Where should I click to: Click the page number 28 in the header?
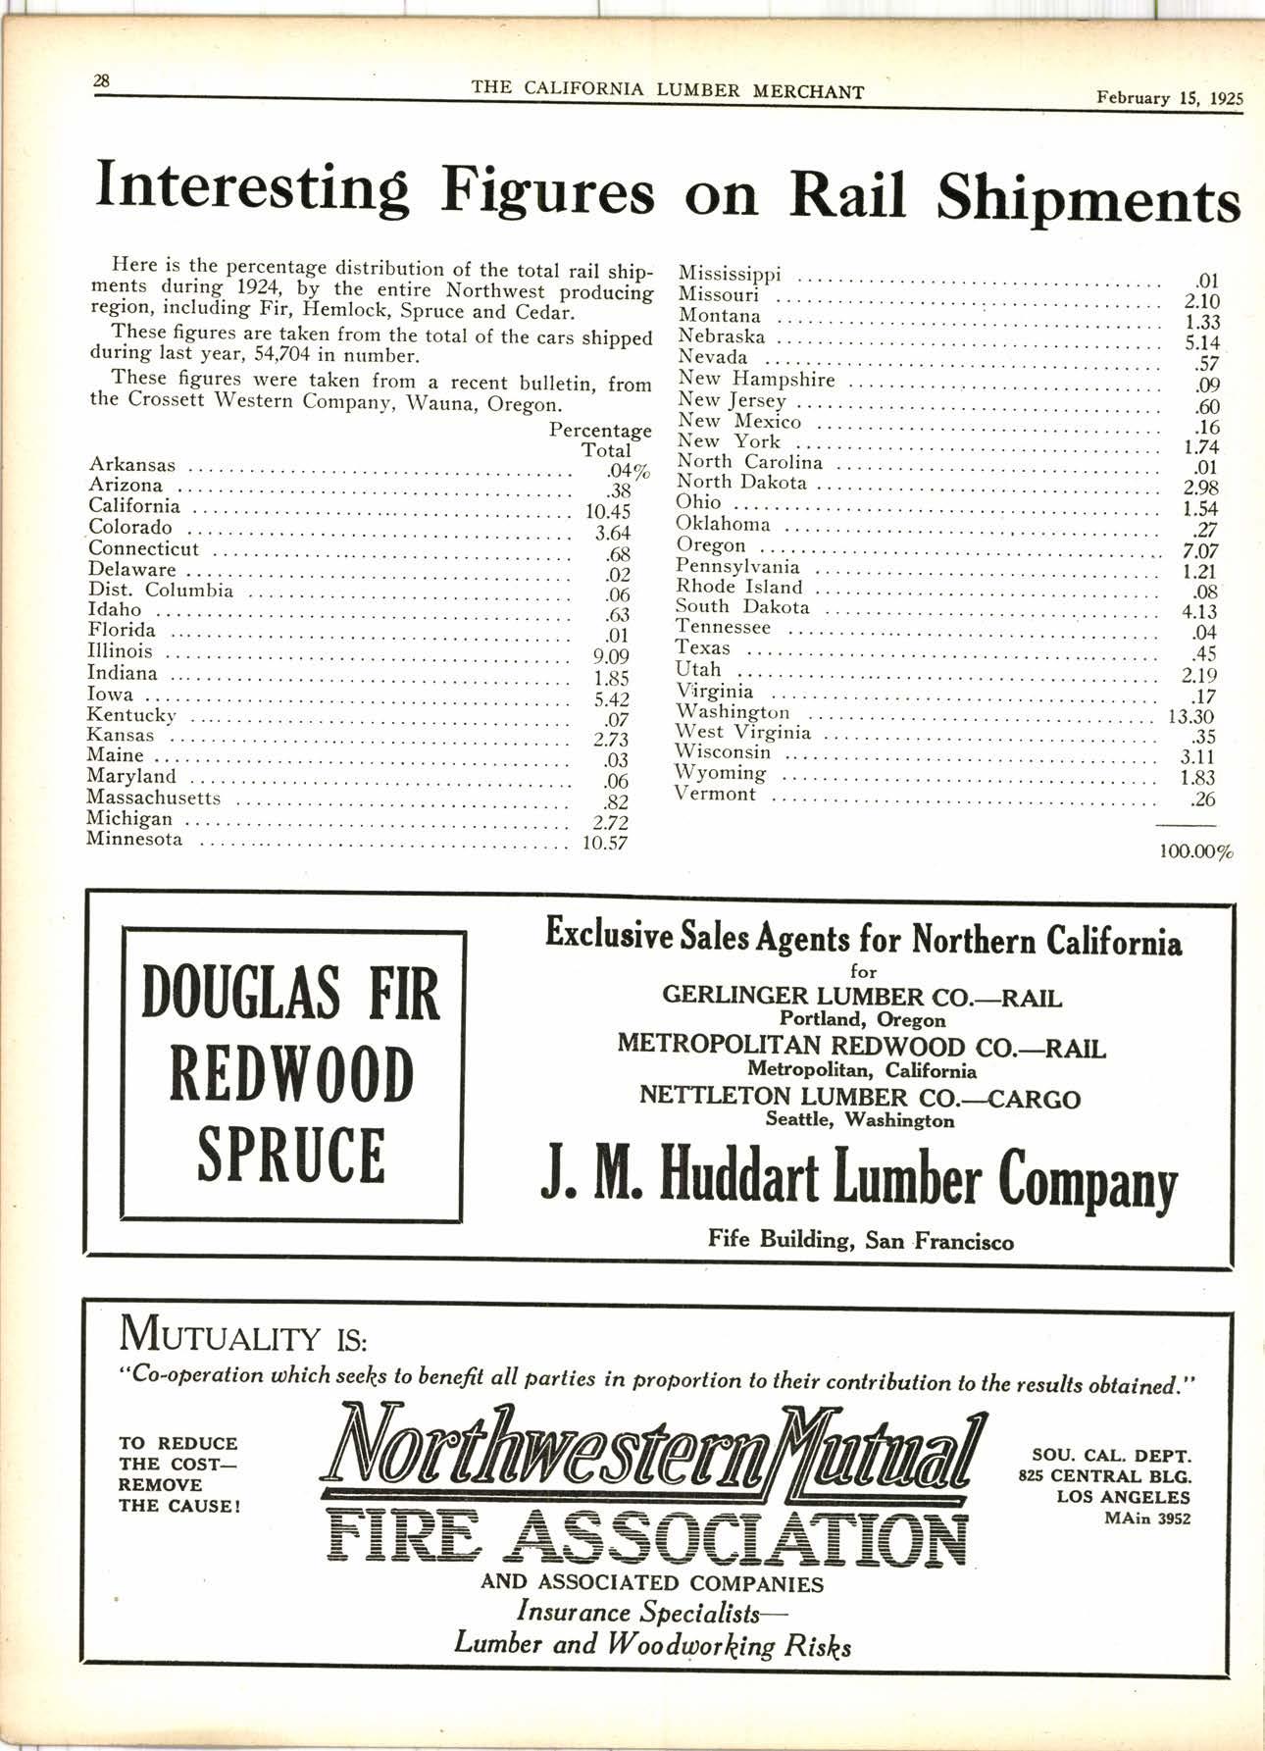[x=102, y=82]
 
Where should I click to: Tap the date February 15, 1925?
[x=1169, y=98]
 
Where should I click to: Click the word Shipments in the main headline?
[x=1088, y=197]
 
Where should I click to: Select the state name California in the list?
[x=134, y=506]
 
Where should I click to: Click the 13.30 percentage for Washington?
[x=1190, y=716]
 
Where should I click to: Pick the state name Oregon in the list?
[x=711, y=545]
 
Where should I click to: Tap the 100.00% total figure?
[x=1195, y=852]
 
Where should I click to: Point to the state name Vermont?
[x=716, y=794]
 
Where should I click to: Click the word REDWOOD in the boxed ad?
[x=292, y=1074]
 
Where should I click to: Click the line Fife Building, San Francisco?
[x=860, y=1240]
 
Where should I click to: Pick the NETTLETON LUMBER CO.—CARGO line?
[x=859, y=1097]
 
